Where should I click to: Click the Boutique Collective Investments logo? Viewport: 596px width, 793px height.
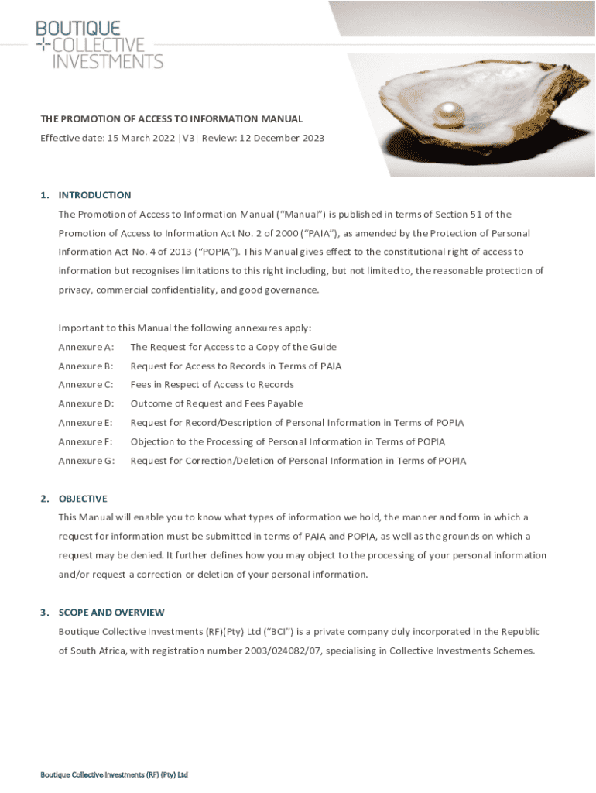tap(99, 45)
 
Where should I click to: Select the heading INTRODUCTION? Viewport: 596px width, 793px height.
tap(94, 195)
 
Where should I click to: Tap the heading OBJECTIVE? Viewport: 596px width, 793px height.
tap(83, 499)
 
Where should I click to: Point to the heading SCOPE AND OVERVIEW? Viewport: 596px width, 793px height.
tap(111, 613)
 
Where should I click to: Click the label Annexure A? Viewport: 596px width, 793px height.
tap(86, 347)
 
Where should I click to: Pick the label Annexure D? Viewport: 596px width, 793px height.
tap(86, 403)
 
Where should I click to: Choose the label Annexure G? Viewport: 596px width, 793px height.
tap(86, 461)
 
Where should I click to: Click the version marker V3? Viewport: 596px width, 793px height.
tap(188, 139)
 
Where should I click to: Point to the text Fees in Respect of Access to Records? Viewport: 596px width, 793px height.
tap(212, 385)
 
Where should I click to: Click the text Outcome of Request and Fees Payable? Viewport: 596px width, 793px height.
tap(216, 403)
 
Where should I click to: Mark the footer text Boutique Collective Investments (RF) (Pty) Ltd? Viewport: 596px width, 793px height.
tap(115, 775)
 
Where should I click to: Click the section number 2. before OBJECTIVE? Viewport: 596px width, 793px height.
tap(44, 499)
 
